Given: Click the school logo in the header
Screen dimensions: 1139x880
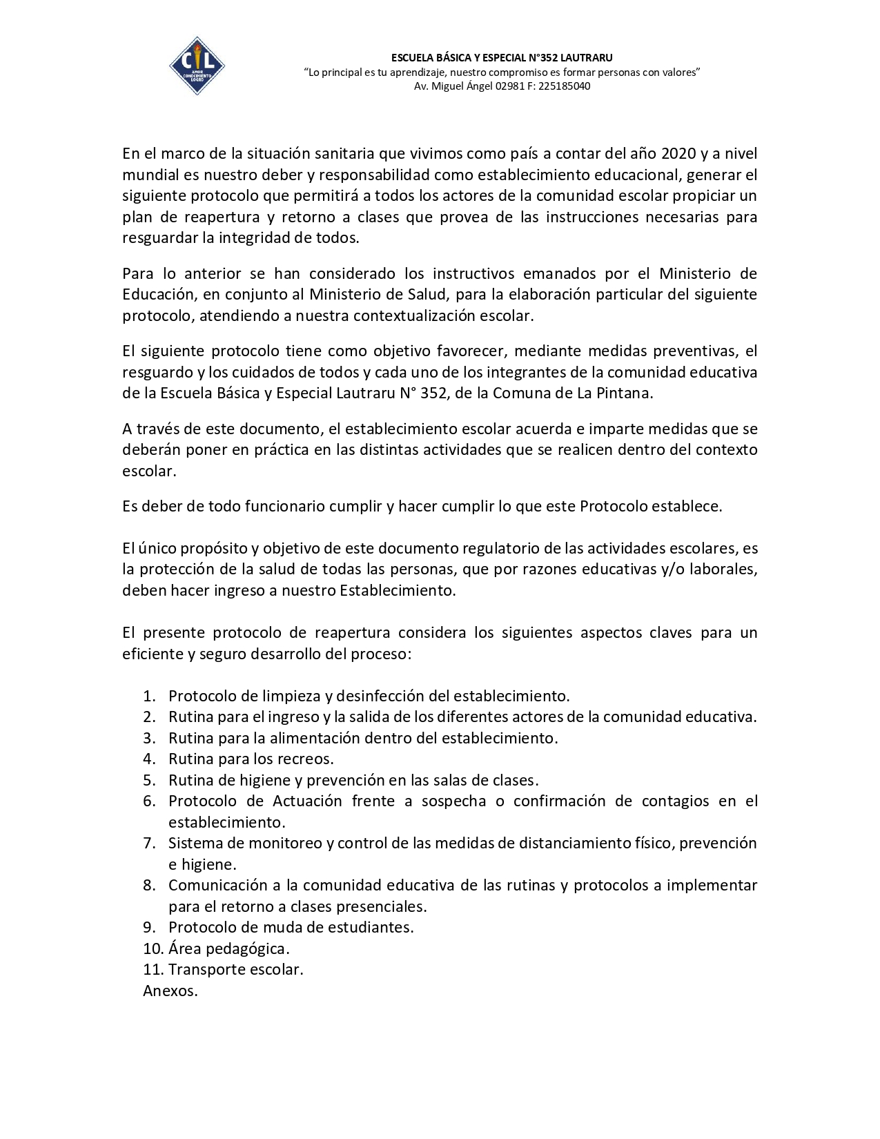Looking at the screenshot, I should coord(197,66).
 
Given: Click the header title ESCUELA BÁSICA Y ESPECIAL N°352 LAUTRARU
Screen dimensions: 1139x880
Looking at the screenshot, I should coord(502,57).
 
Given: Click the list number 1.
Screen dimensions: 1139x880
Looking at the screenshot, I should coord(149,696).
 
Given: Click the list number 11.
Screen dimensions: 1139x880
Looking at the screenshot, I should coord(153,970).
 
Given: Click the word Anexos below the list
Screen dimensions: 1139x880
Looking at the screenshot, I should coord(170,991).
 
